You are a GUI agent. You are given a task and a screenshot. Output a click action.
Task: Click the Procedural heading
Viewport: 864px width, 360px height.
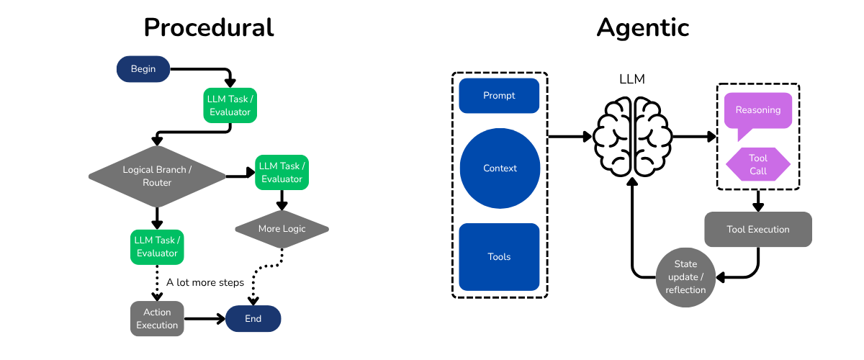click(x=209, y=27)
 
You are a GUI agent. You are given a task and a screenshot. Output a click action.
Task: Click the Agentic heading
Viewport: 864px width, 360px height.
click(x=642, y=27)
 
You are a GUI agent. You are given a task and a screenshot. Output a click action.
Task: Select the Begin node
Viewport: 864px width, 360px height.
click(x=143, y=69)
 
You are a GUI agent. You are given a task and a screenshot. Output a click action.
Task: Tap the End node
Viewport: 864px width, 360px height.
click(x=253, y=318)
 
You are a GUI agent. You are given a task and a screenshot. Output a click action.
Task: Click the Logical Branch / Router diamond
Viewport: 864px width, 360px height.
click(x=157, y=176)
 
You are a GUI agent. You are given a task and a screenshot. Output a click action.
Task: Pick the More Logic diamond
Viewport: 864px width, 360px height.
click(x=282, y=229)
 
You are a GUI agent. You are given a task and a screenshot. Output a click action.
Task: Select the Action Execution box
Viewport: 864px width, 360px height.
click(x=157, y=318)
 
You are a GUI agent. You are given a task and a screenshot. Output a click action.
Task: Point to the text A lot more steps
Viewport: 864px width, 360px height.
click(x=205, y=282)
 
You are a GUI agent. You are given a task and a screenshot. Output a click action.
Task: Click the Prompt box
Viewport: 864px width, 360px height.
click(x=499, y=96)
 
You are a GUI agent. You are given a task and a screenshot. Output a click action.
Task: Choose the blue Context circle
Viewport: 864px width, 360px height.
click(x=500, y=168)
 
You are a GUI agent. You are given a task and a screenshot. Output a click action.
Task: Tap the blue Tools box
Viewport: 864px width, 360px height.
click(x=499, y=257)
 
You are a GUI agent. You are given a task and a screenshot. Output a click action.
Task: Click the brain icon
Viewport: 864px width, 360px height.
click(x=631, y=137)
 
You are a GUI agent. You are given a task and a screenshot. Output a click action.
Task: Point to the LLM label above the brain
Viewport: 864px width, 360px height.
click(x=631, y=79)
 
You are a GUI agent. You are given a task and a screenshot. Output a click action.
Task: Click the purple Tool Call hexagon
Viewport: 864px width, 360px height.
click(x=757, y=164)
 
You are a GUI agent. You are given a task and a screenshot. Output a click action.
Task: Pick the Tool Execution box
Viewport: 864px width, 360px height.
click(x=757, y=230)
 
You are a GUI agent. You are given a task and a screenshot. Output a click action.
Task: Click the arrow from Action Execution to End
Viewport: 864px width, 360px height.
click(x=204, y=318)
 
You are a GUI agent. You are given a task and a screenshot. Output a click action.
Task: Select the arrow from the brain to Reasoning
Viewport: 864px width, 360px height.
click(x=693, y=136)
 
